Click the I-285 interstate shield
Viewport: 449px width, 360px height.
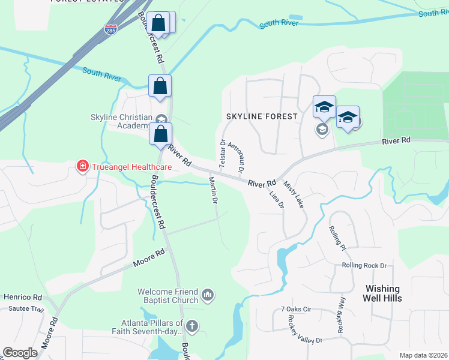pos(110,29)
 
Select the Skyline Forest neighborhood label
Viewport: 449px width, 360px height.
pos(261,116)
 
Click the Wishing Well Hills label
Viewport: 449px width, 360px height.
pos(382,293)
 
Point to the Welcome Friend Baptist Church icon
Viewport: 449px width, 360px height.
pos(208,294)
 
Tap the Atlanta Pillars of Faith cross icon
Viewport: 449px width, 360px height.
pos(191,326)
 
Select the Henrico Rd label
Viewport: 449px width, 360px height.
pos(22,297)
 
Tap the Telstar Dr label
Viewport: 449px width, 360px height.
pos(222,153)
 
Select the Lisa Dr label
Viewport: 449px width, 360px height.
pos(277,199)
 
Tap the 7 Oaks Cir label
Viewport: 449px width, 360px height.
pos(297,309)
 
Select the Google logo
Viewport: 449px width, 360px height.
pos(20,353)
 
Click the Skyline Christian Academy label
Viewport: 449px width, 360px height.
pos(119,121)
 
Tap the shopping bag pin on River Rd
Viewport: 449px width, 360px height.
pos(160,134)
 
